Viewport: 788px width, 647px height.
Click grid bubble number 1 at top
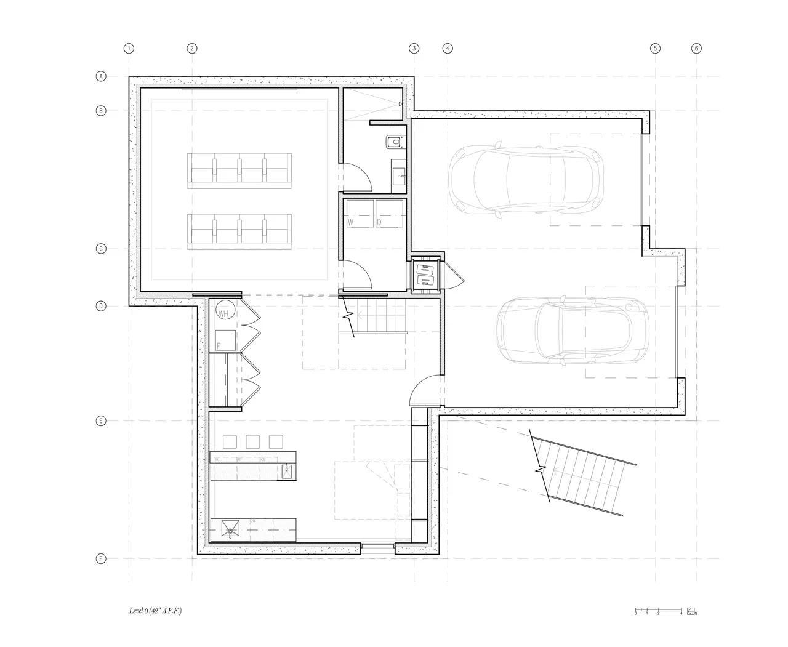(x=129, y=48)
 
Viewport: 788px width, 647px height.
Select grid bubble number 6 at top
(x=696, y=48)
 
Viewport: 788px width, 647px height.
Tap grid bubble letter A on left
(x=101, y=76)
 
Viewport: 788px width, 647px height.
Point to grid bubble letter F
(x=101, y=559)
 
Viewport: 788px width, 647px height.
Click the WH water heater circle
(x=224, y=312)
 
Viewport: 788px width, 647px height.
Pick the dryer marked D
(x=389, y=214)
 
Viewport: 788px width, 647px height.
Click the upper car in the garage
(x=523, y=179)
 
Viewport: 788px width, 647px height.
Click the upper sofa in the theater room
(x=239, y=169)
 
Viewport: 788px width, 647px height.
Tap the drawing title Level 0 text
(x=155, y=611)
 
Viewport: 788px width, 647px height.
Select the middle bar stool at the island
(x=252, y=441)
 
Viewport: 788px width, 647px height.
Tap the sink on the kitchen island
(x=287, y=471)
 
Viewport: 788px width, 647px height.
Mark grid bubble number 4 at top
(x=448, y=48)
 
